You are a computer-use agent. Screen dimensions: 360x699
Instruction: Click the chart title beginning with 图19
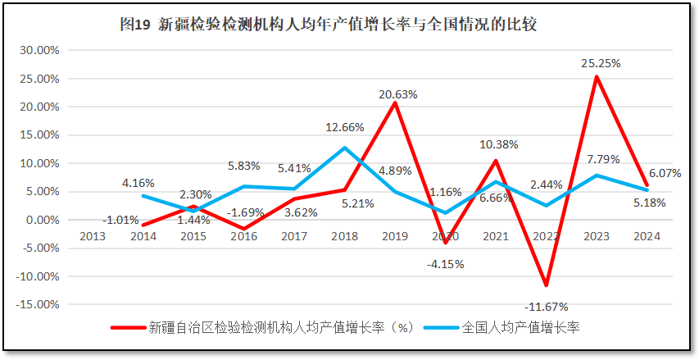click(x=328, y=25)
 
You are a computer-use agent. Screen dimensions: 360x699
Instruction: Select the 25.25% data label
click(x=601, y=62)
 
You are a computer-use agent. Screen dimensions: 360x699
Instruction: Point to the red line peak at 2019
click(x=395, y=103)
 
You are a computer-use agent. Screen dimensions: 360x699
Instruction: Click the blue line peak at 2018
click(x=345, y=148)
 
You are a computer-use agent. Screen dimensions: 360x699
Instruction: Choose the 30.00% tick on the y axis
click(x=39, y=50)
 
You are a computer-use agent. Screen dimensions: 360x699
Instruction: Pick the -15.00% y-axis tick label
click(x=37, y=304)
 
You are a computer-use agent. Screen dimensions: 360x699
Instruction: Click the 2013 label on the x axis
click(x=93, y=235)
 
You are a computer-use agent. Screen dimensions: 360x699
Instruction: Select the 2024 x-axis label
click(x=646, y=235)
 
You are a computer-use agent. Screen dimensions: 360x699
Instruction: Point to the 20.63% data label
click(x=397, y=94)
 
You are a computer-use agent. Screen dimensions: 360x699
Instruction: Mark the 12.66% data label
click(x=345, y=127)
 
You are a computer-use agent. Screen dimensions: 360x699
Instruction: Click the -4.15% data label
click(x=445, y=264)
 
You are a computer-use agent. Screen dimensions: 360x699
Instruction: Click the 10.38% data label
click(x=498, y=145)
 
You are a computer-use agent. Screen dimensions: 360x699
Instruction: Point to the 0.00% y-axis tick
click(x=42, y=220)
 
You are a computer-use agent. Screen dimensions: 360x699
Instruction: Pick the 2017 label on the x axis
click(x=294, y=235)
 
